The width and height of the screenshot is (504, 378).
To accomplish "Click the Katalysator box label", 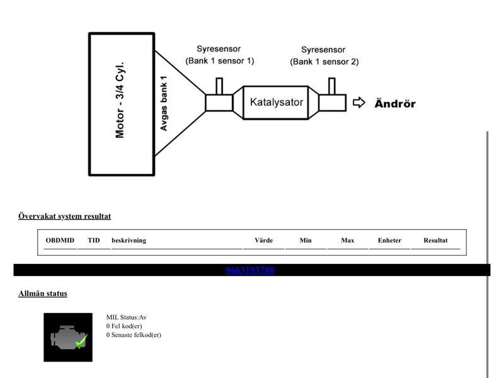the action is (x=277, y=102).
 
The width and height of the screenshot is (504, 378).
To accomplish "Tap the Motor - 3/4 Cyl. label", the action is (x=120, y=100).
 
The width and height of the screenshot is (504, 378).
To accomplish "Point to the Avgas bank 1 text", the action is (x=164, y=103).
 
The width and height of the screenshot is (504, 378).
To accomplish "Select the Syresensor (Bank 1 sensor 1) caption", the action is (x=219, y=55).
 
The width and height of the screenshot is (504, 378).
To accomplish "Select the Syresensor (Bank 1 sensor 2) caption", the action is (x=324, y=55).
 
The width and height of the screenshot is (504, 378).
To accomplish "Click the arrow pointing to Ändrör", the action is (x=359, y=103).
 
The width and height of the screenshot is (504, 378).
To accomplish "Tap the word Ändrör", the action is (x=395, y=103).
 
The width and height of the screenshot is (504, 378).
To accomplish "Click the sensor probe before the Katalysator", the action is (x=219, y=86).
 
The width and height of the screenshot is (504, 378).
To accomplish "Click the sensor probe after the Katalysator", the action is (x=332, y=86).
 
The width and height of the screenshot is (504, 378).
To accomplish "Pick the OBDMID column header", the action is (x=60, y=241).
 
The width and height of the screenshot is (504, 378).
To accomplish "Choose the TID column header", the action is (x=94, y=241).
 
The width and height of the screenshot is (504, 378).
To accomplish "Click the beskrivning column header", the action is (x=129, y=241).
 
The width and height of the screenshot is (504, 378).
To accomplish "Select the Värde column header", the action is (x=263, y=241).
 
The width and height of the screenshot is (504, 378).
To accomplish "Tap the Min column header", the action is (x=306, y=241).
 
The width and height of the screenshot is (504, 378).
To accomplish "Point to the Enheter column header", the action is (x=389, y=241).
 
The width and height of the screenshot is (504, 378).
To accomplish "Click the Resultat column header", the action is (x=435, y=241).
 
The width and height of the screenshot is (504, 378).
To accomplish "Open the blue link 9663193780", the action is (x=249, y=270).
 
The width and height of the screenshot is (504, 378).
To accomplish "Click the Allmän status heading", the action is (x=43, y=294).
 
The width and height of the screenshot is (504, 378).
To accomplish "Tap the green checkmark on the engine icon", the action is (x=82, y=341).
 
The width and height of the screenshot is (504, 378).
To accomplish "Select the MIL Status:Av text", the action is (x=127, y=318).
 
